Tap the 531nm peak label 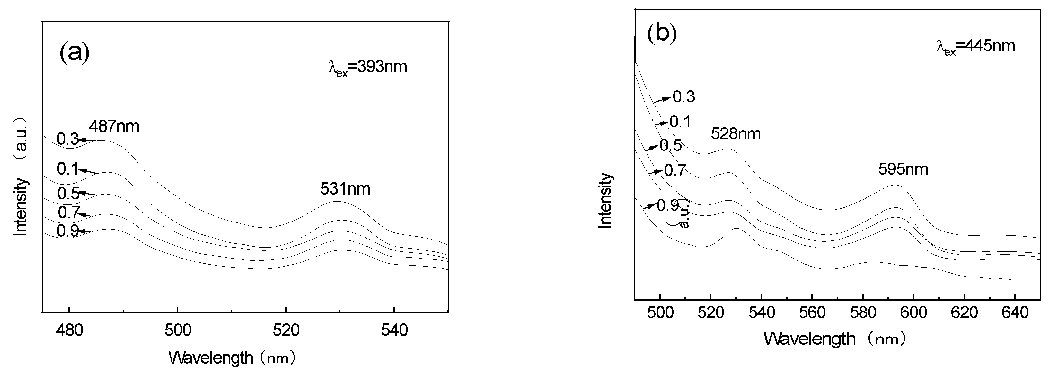pos(345,189)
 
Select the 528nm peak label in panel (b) pos(736,133)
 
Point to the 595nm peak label pos(903,169)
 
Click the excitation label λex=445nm pos(975,46)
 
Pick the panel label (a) pos(74,53)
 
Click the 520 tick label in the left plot pos(286,331)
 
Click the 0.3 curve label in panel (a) pos(67,139)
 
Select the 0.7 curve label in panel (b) pos(674,170)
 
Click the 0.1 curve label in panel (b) pos(680,122)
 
